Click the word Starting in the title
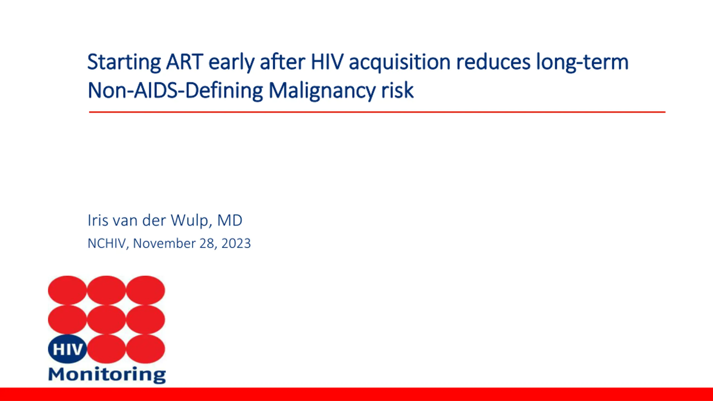124,62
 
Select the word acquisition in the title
400,62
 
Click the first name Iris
98,220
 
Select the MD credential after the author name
230,220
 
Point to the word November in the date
164,243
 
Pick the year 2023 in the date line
236,243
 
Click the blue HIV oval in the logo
67,349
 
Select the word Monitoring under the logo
107,375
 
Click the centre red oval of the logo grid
106,319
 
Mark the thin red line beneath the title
377,112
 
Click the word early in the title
231,62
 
